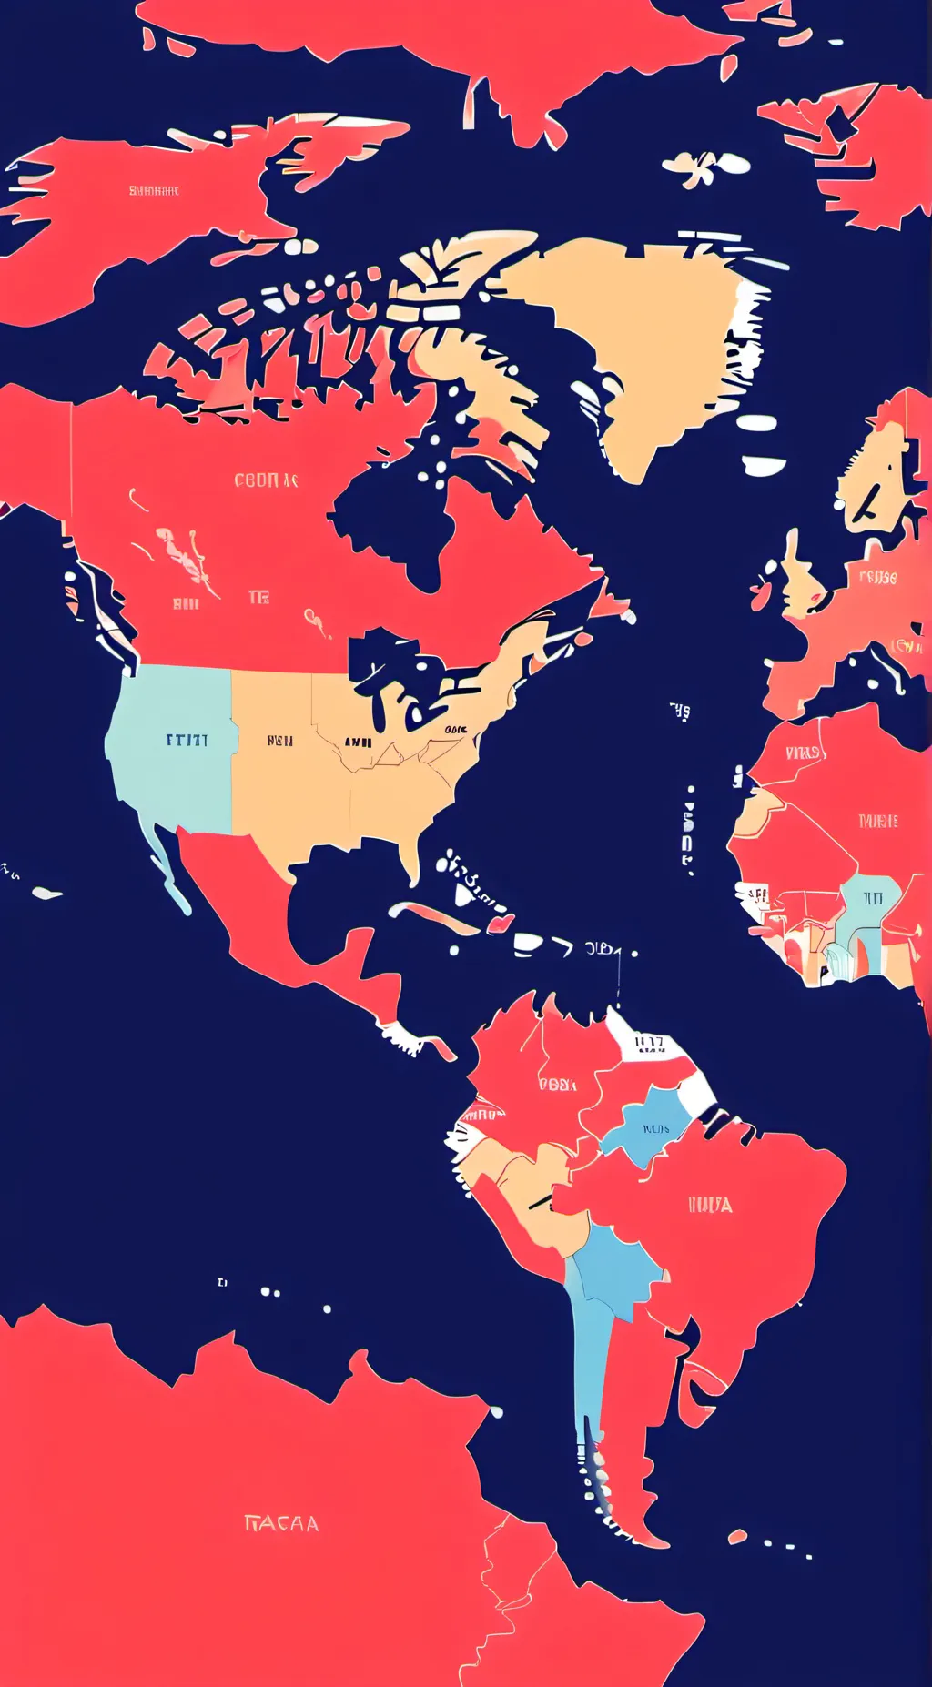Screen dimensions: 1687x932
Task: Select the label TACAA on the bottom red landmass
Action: pos(282,1523)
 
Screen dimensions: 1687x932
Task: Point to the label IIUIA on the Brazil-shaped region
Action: pos(710,1205)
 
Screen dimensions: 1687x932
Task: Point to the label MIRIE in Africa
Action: pos(878,821)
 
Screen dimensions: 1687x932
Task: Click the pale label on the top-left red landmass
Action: pos(154,191)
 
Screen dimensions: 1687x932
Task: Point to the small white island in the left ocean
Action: pos(46,893)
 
